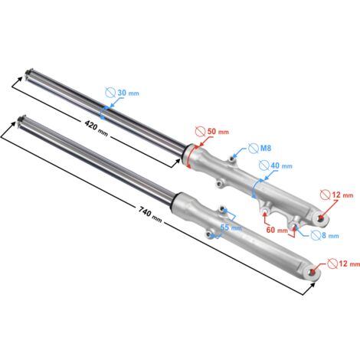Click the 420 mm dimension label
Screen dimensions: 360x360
pyautogui.click(x=97, y=129)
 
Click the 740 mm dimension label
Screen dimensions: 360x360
pyautogui.click(x=150, y=214)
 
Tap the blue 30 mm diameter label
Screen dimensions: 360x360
pyautogui.click(x=128, y=93)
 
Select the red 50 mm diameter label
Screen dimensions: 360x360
pyautogui.click(x=218, y=132)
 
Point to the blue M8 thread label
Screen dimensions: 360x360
pyautogui.click(x=266, y=148)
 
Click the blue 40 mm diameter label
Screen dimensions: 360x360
pyautogui.click(x=281, y=165)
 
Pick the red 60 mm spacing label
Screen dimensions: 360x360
pyautogui.click(x=277, y=230)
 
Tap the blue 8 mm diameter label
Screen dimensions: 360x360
pyautogui.click(x=330, y=235)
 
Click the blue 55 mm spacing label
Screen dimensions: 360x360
pyautogui.click(x=231, y=227)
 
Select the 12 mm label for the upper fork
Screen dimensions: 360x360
pyautogui.click(x=342, y=195)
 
